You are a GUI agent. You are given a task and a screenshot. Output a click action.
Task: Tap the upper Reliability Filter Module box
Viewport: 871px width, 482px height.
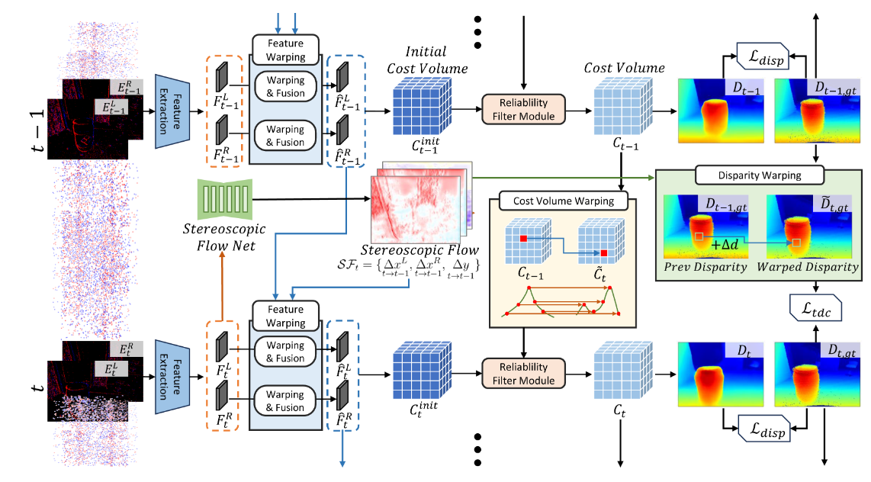tap(523, 109)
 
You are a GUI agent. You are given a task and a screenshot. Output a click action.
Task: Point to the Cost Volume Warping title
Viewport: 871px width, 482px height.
tap(564, 202)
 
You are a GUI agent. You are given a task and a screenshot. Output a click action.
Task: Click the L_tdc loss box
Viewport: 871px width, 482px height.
tap(815, 308)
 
